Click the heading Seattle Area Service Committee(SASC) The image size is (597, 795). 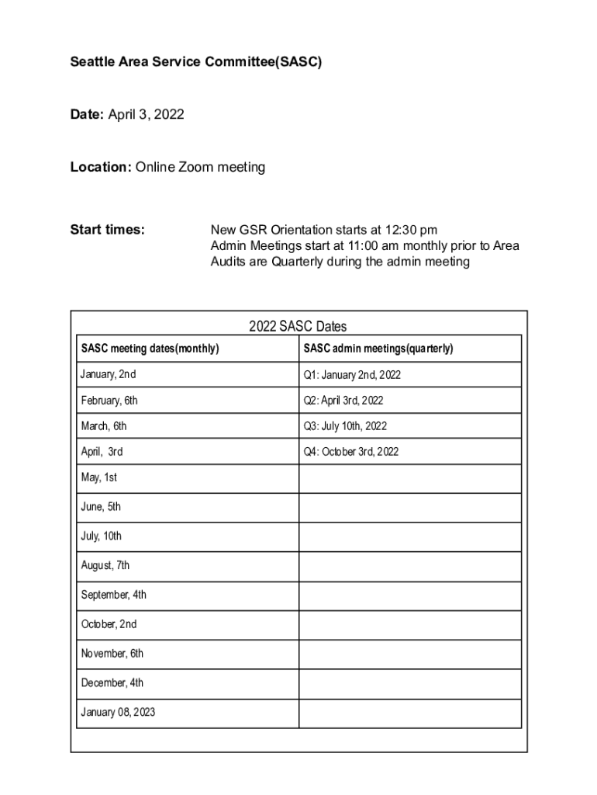click(x=195, y=61)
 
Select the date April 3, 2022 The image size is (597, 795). click(x=146, y=115)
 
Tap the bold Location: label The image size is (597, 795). click(x=101, y=167)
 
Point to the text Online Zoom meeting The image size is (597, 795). click(x=201, y=167)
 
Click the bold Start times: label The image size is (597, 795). click(x=107, y=230)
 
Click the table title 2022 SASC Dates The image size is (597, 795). click(x=298, y=327)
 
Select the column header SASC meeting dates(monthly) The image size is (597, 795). click(x=150, y=349)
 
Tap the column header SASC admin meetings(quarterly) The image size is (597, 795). click(x=378, y=349)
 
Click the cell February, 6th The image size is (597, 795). click(x=109, y=401)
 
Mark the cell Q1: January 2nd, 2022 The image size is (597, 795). click(x=352, y=375)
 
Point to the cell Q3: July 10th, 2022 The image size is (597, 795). click(x=345, y=426)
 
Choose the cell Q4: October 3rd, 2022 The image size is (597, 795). click(x=351, y=451)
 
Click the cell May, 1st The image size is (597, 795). click(x=99, y=477)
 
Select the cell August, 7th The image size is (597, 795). click(x=105, y=565)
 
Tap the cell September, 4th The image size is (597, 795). click(x=114, y=595)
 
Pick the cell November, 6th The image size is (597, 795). click(x=112, y=654)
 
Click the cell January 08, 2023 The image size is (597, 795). click(x=118, y=711)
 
